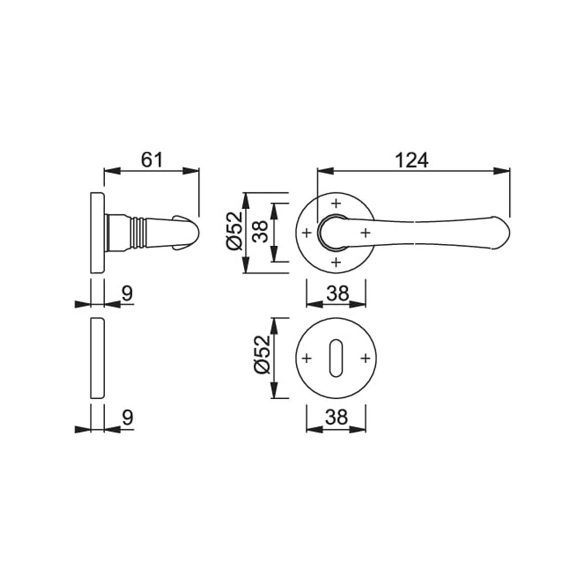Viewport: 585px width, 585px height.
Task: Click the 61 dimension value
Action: point(152,160)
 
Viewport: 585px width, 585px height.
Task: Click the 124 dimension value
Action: point(412,160)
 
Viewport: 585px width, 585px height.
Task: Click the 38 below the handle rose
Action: point(337,293)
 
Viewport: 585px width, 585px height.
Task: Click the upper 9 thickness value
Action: point(128,293)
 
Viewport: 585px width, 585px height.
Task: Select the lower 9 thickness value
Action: point(128,417)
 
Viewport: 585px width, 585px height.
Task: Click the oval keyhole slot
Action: point(336,358)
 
